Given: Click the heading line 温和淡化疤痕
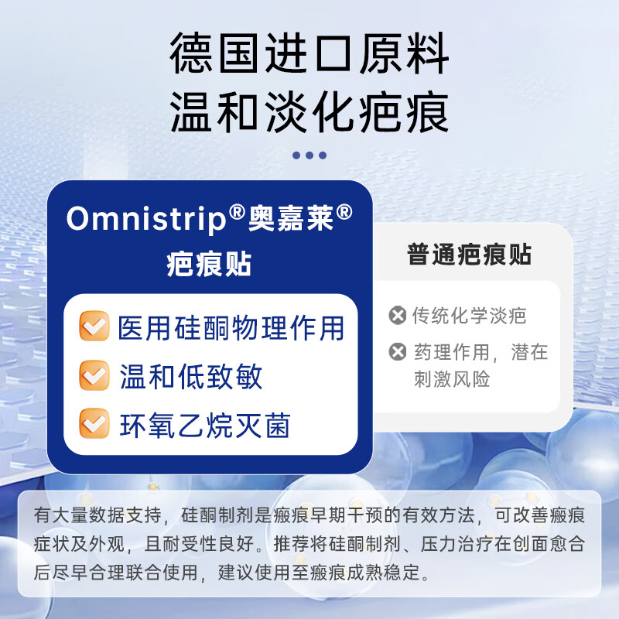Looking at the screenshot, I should (309, 113).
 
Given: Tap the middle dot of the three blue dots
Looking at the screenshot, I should (309, 156).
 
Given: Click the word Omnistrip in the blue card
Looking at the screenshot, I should (147, 219).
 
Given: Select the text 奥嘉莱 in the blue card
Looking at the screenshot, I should (291, 219).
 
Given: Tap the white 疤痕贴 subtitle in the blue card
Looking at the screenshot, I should (209, 264).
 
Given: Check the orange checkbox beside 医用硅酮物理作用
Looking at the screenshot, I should (94, 327).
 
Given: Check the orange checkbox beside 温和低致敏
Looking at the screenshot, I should (94, 376).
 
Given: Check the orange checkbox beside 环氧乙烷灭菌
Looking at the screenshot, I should (94, 424).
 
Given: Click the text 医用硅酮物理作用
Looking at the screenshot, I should (231, 328).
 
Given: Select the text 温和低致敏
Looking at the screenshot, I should (190, 377).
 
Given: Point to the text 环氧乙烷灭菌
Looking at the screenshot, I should (204, 425).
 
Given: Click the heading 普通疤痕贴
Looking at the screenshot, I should (469, 255).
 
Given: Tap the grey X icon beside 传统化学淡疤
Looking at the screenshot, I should (398, 316).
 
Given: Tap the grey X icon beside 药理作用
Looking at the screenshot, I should (398, 353).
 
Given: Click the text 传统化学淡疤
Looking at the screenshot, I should (469, 316).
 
